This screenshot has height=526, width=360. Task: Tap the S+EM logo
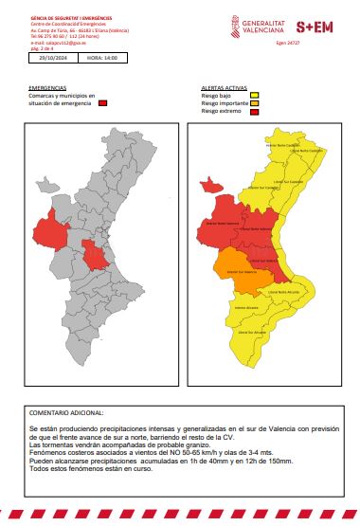(x=314, y=28)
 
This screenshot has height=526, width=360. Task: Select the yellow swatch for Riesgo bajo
(x=255, y=96)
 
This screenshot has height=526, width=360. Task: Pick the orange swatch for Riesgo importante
(x=255, y=104)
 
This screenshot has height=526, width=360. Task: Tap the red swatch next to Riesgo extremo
(x=255, y=113)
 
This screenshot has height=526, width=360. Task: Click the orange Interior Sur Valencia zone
(x=234, y=270)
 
